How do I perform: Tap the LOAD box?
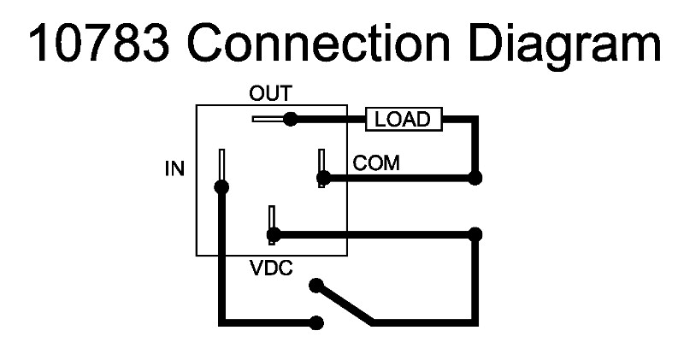[x=404, y=120]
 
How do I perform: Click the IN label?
[x=174, y=168]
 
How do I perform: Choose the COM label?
[x=376, y=163]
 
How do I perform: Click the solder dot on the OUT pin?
[x=291, y=119]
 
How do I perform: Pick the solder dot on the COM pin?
[x=323, y=178]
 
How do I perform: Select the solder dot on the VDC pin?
[x=273, y=233]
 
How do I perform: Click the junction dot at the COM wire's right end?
[x=475, y=178]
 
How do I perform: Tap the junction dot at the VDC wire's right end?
[x=475, y=233]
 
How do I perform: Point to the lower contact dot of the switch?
[x=317, y=322]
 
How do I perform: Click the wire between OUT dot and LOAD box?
[x=329, y=119]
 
